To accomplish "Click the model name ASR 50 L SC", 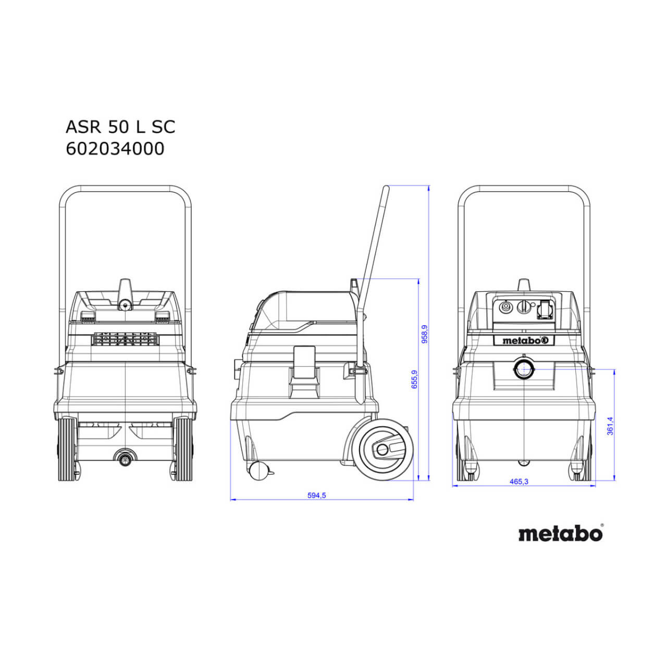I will tap(120, 127).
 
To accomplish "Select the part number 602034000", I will tap(115, 149).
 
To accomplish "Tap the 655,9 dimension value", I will tap(414, 379).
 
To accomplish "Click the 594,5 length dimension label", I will tap(316, 496).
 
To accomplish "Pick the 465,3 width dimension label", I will tap(518, 481).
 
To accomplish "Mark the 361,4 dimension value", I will tap(610, 425).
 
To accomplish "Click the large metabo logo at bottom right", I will tap(561, 534).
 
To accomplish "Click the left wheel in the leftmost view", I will tap(67, 449).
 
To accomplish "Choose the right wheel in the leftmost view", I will tap(184, 449).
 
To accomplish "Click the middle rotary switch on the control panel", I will tap(523, 307).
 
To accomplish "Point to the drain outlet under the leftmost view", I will tap(124, 459).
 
